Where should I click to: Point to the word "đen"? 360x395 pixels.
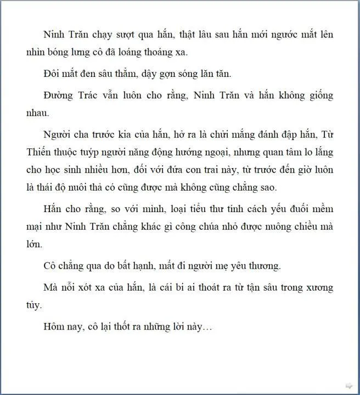94,74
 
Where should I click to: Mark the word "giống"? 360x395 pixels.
319,95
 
